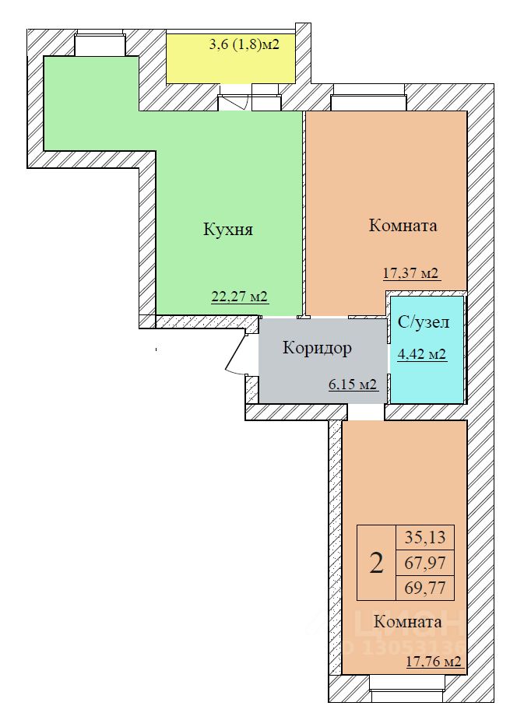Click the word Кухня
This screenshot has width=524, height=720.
[x=228, y=230]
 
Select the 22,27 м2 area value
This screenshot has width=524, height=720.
[x=239, y=297]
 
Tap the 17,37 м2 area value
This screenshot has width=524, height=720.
[x=411, y=274]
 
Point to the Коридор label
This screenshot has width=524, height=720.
[x=318, y=348]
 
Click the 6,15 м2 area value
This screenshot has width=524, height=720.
[x=353, y=384]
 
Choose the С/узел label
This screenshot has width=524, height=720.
[x=424, y=322]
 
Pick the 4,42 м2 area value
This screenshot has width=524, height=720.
[x=422, y=354]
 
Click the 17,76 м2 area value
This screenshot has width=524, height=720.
[x=434, y=662]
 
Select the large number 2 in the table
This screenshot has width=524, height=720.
[x=376, y=563]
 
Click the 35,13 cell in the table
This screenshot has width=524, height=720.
[x=425, y=537]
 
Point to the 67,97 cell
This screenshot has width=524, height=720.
[x=425, y=563]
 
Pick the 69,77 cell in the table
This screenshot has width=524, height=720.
[x=425, y=588]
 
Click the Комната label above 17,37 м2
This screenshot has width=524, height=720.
[x=403, y=226]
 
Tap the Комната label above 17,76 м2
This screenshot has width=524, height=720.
[x=408, y=622]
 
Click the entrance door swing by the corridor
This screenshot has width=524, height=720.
[x=237, y=353]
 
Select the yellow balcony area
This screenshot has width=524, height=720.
[x=230, y=58]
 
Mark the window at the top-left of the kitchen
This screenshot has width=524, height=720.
[x=100, y=44]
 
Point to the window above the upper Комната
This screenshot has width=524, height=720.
[x=368, y=97]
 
